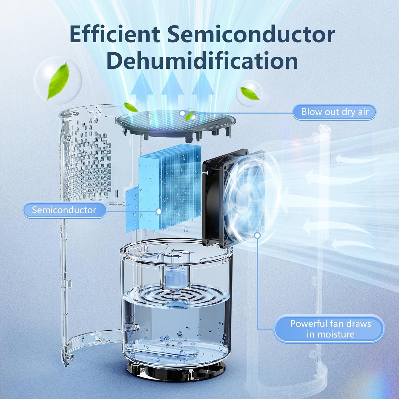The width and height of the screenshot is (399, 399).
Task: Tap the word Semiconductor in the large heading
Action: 251,35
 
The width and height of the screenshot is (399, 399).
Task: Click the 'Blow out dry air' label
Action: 335,112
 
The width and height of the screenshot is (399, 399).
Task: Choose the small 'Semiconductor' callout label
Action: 64,210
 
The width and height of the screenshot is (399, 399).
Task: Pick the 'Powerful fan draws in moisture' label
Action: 330,329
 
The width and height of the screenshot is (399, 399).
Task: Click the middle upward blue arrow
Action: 173,88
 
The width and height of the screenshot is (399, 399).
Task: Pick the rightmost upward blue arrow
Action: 203,88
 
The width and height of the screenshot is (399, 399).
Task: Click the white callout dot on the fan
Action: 257,235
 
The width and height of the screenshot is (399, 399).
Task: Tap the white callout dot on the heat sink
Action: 159,211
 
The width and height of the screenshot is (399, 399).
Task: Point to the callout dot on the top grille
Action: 182,113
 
